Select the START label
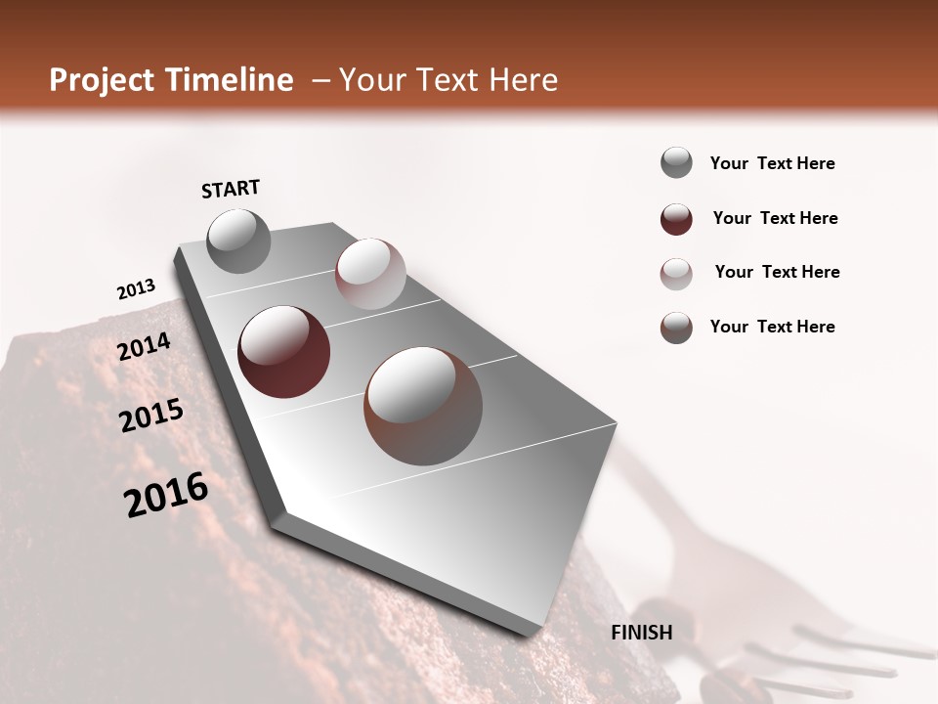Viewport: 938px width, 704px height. (231, 189)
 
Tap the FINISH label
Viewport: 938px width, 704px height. (642, 633)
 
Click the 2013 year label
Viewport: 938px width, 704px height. (136, 289)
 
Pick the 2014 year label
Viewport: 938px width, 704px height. (145, 346)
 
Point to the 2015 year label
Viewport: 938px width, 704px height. (151, 416)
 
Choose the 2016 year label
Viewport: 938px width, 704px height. (166, 495)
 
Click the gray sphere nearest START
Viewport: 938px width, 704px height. (238, 241)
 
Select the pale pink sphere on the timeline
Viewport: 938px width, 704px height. (370, 274)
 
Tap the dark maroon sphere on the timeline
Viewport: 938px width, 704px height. (284, 352)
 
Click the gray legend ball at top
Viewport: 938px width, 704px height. (676, 163)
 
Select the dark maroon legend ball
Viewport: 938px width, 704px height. (676, 219)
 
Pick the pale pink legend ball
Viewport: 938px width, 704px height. (676, 273)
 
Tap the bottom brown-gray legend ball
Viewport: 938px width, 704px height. (676, 328)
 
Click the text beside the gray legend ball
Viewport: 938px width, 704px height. (772, 164)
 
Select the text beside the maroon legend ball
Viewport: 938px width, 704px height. (775, 218)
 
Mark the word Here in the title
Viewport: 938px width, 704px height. (523, 80)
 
